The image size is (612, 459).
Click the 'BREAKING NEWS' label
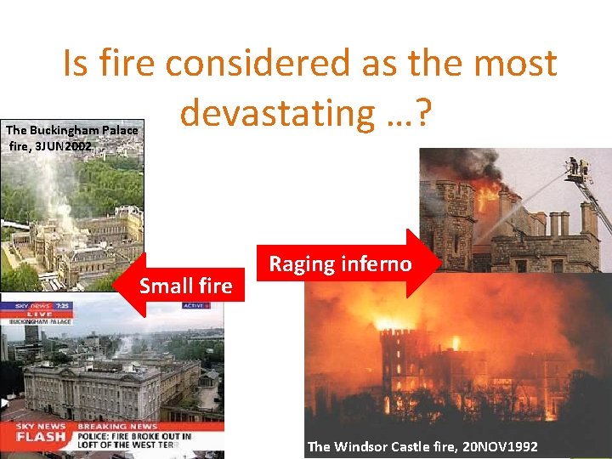tap(117, 426)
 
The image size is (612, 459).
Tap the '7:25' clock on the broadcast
tap(64, 305)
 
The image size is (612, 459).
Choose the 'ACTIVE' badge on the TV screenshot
tap(194, 305)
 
